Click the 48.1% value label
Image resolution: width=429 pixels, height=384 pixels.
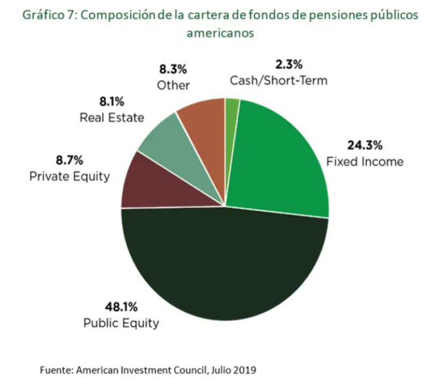[121, 307]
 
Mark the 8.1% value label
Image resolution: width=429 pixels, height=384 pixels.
[112, 101]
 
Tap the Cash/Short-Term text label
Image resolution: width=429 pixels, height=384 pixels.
[278, 80]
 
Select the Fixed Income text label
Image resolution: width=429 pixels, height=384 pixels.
[365, 161]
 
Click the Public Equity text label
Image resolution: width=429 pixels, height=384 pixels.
[121, 323]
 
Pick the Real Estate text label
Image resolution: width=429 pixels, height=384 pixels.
[112, 117]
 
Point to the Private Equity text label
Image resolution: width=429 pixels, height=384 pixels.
[70, 176]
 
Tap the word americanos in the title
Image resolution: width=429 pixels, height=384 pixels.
[220, 33]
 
